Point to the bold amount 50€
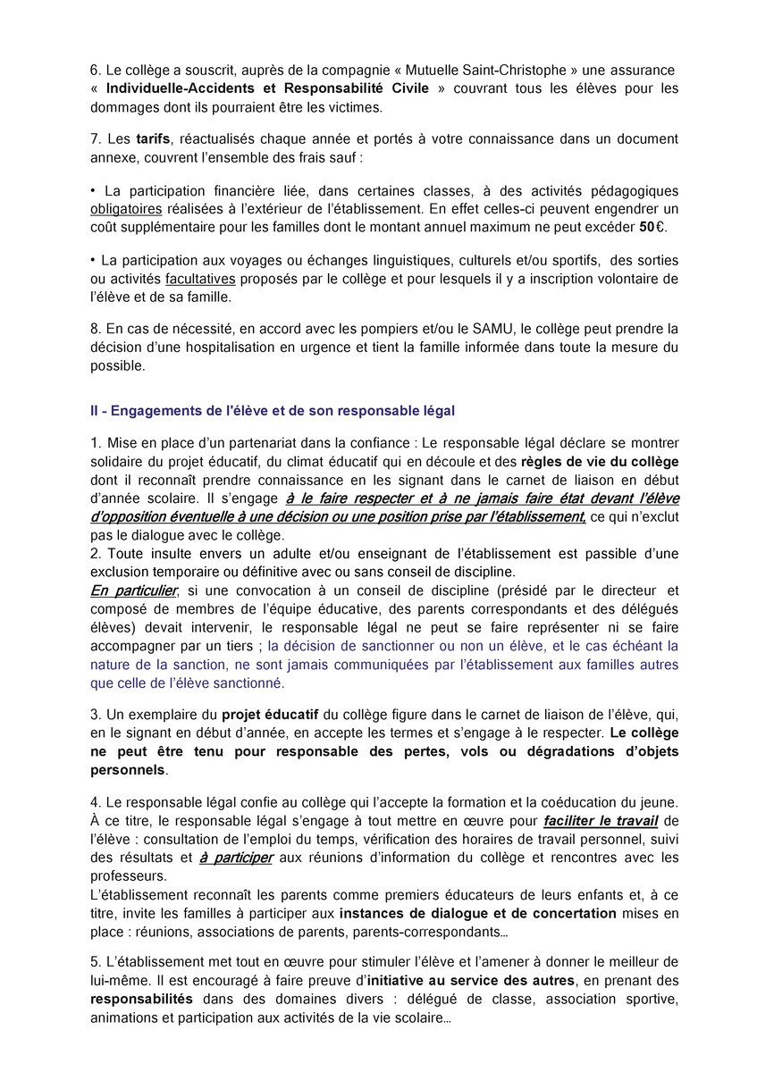coord(652,226)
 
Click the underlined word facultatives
coord(200,279)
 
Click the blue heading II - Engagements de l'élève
coord(273,411)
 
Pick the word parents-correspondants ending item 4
coord(422,932)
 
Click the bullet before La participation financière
coord(93,191)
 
